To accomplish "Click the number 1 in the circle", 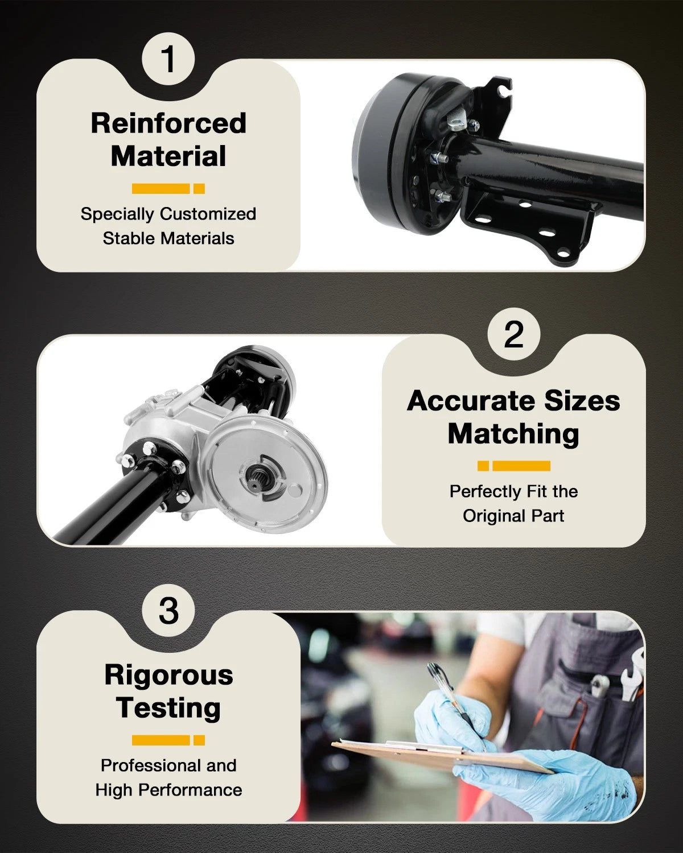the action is [169, 59].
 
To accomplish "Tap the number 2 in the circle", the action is [514, 334].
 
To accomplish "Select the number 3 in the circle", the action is [168, 610].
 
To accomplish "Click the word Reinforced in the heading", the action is [168, 123].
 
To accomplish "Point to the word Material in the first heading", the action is [168, 156].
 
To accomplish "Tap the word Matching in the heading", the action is [513, 434].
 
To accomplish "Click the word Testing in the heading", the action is [168, 708].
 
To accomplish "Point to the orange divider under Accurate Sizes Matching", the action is [514, 466].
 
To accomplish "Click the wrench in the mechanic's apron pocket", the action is [632, 673].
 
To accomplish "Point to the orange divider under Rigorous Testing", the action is [168, 740].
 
